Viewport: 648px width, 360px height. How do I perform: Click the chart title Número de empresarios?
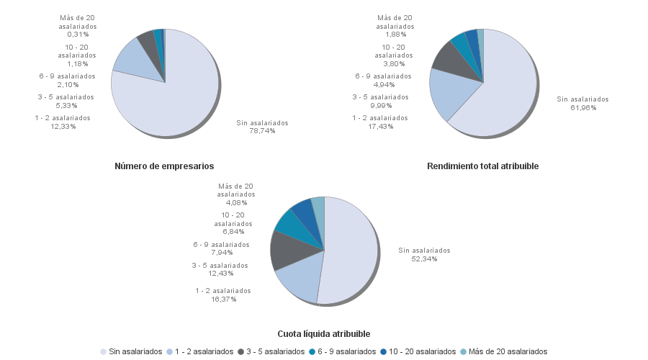pos(164,166)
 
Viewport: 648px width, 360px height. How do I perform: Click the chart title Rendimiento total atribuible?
pos(482,166)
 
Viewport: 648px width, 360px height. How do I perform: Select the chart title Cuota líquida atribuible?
pos(324,334)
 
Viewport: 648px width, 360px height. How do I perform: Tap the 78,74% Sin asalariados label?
pos(262,127)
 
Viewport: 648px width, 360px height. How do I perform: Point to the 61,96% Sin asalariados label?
pos(582,104)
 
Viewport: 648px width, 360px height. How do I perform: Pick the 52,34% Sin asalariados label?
pos(424,254)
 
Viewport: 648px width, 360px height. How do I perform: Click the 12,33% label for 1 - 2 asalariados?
pos(63,122)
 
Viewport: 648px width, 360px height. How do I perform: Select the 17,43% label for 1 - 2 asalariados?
pos(379,122)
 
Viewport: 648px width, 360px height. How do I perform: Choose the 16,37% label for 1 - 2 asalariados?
pos(222,294)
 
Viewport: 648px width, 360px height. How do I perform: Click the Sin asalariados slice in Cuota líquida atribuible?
pos(353,252)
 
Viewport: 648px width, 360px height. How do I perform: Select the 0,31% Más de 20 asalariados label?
pos(78,26)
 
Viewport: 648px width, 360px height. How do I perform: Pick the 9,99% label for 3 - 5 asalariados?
pos(380,101)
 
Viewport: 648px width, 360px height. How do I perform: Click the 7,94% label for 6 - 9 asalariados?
pos(221,248)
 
